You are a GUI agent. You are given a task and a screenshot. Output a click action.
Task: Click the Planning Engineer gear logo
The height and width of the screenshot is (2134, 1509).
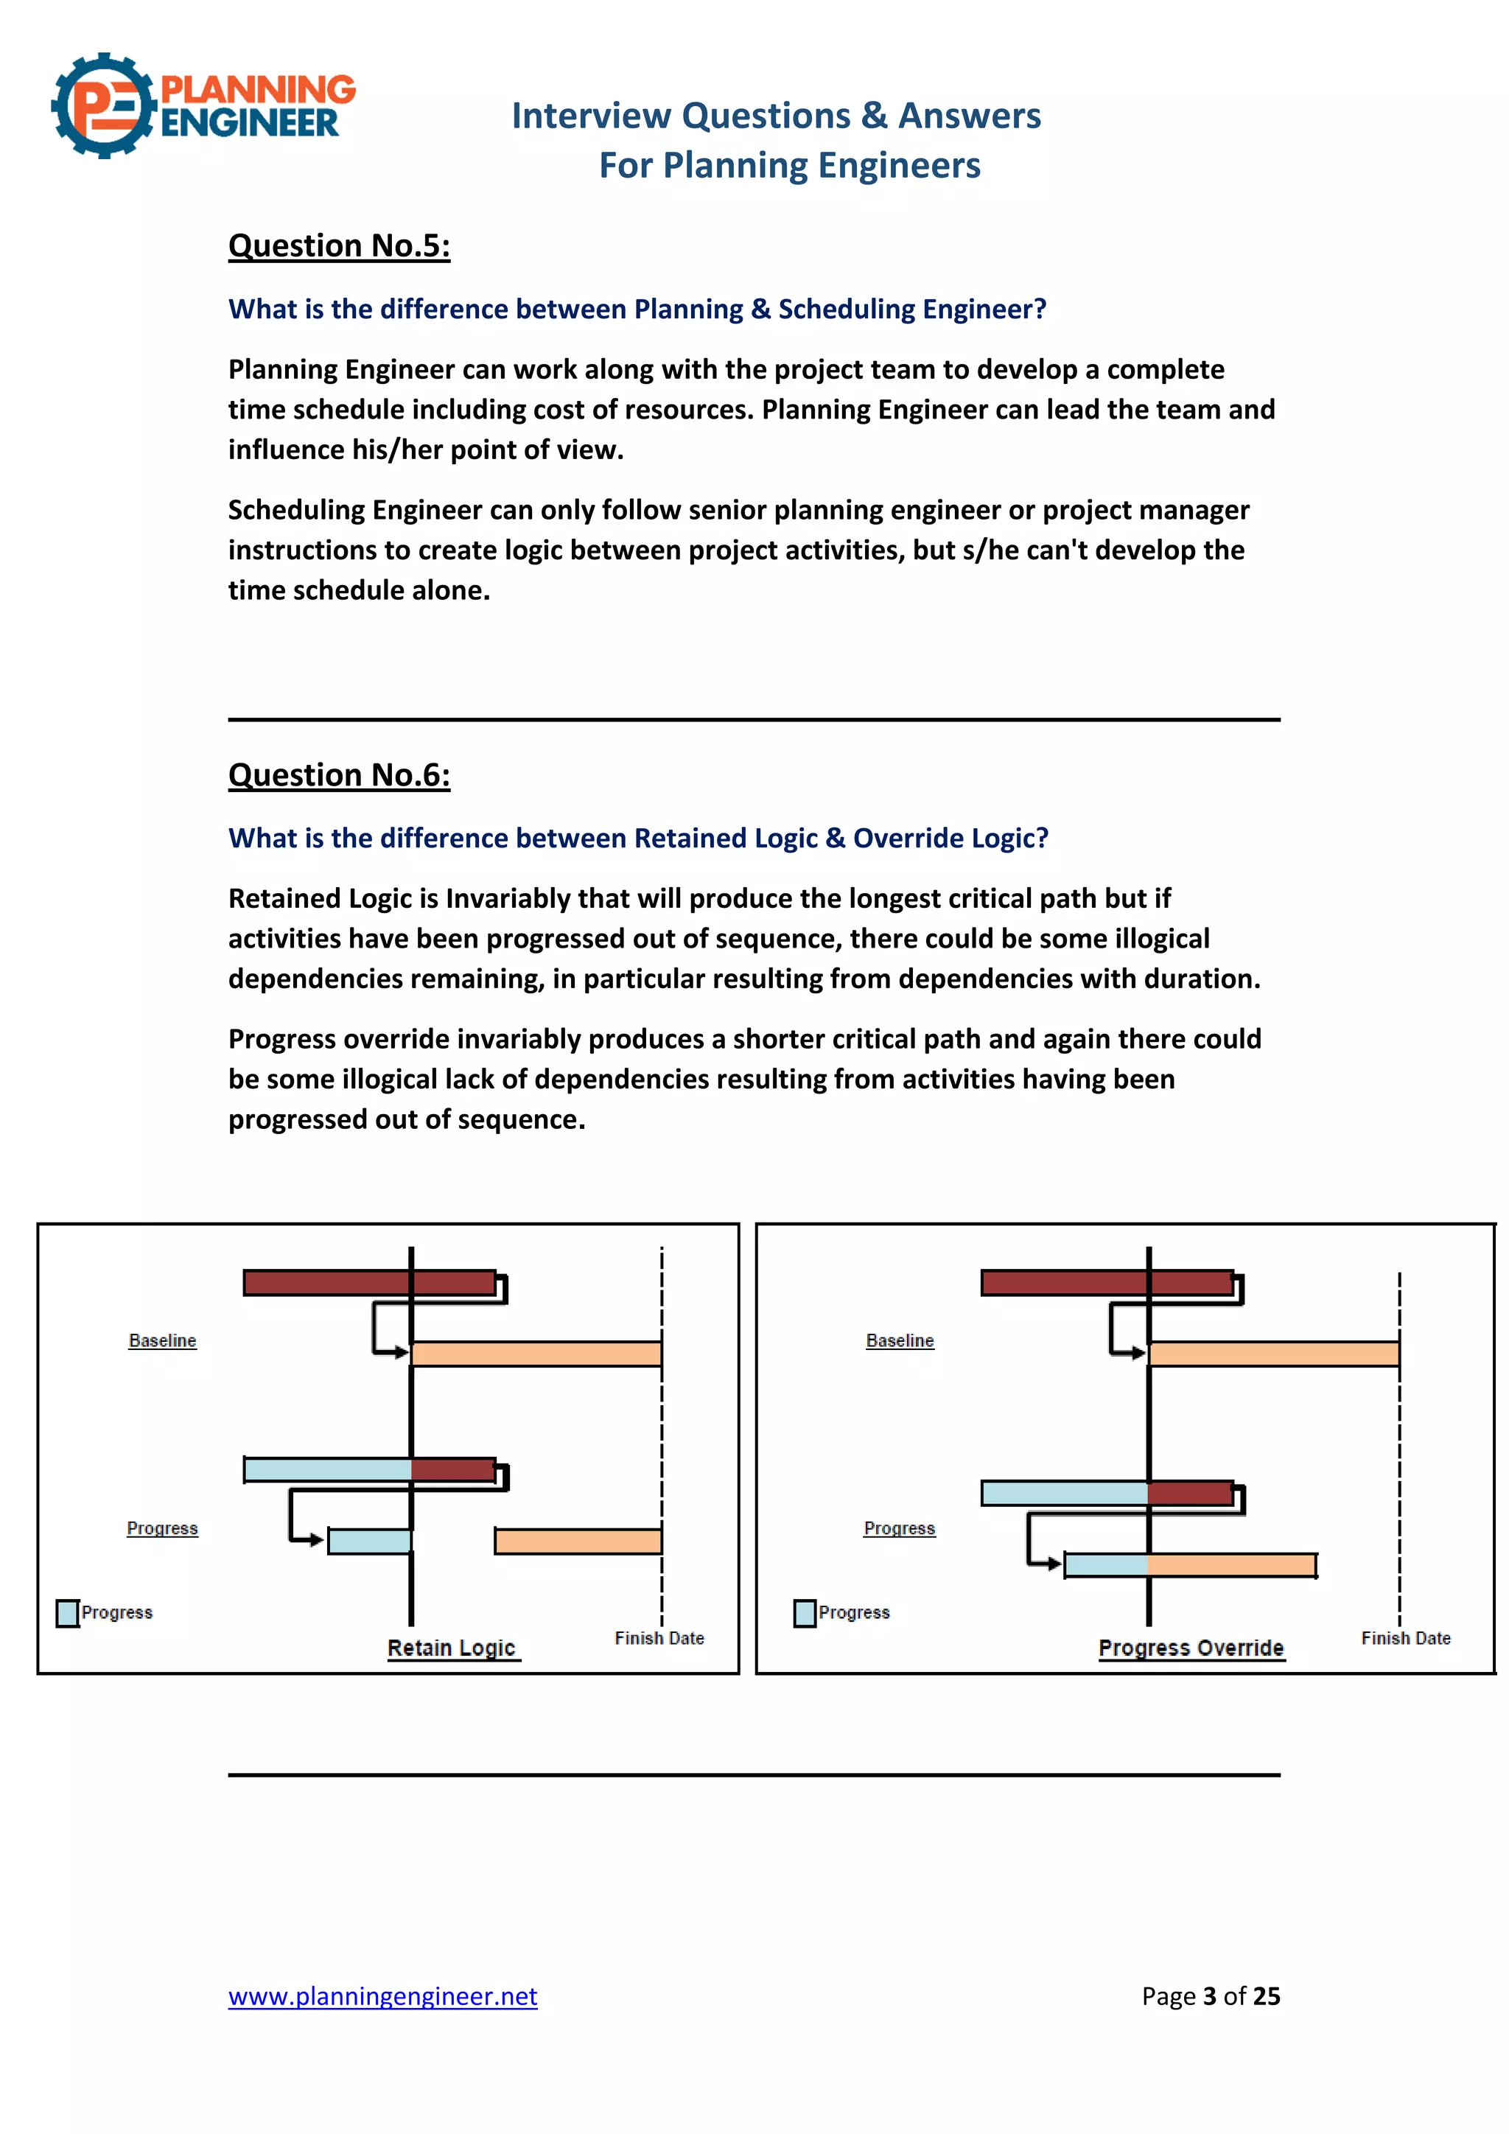coord(103,106)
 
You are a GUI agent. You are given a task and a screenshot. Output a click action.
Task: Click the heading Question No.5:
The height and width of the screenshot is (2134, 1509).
coord(339,245)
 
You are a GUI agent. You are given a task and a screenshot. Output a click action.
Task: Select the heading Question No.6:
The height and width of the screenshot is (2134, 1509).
coord(339,774)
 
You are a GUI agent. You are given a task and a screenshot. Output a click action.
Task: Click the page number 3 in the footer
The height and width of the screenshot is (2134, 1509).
coord(1209,1996)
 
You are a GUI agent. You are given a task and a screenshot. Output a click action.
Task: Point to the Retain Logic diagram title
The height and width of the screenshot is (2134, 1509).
coord(452,1648)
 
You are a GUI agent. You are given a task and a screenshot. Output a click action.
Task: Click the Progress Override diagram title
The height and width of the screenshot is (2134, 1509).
coord(1191,1648)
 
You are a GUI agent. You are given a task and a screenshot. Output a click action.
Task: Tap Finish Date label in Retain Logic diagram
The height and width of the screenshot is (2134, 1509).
coord(659,1637)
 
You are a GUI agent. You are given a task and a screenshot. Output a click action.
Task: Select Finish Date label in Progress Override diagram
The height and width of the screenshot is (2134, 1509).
coord(1405,1637)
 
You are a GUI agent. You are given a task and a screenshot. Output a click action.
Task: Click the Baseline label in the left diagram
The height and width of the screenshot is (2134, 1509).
coord(163,1340)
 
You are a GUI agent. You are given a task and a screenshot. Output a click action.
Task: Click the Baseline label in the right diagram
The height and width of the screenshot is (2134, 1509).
coord(900,1340)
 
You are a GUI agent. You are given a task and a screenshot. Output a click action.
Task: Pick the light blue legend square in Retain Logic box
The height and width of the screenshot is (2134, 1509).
coord(68,1612)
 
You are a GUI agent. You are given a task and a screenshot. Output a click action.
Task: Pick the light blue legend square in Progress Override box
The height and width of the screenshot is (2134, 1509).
coord(805,1612)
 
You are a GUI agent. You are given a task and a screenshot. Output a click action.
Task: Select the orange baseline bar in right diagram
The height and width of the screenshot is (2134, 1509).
coord(1273,1353)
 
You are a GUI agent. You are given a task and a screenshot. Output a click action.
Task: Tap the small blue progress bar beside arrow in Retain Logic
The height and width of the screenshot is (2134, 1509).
coord(369,1541)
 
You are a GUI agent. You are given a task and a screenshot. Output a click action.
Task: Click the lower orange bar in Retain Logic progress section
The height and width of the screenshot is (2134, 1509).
coord(578,1541)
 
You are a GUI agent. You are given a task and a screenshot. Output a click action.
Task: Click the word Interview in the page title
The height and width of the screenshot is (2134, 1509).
coord(591,116)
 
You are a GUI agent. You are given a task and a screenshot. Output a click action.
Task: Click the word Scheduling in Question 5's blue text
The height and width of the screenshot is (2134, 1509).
coord(846,309)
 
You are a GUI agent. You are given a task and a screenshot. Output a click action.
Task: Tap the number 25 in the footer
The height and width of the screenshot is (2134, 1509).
coord(1266,1996)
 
